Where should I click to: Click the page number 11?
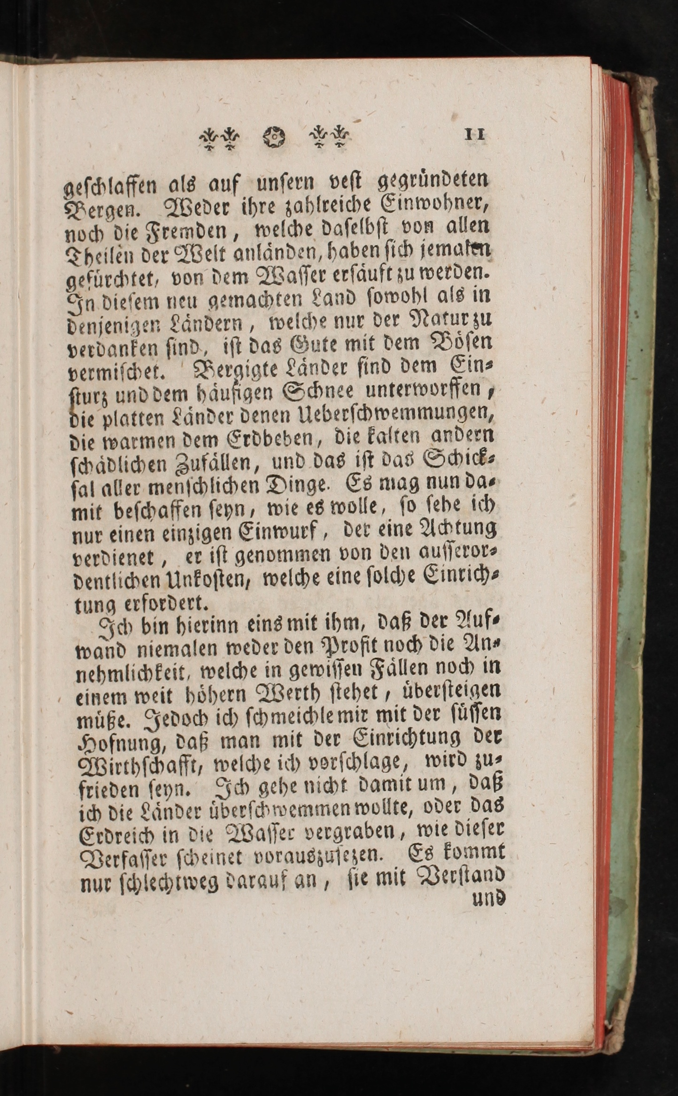tap(475, 135)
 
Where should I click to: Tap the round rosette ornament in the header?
tap(274, 137)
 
